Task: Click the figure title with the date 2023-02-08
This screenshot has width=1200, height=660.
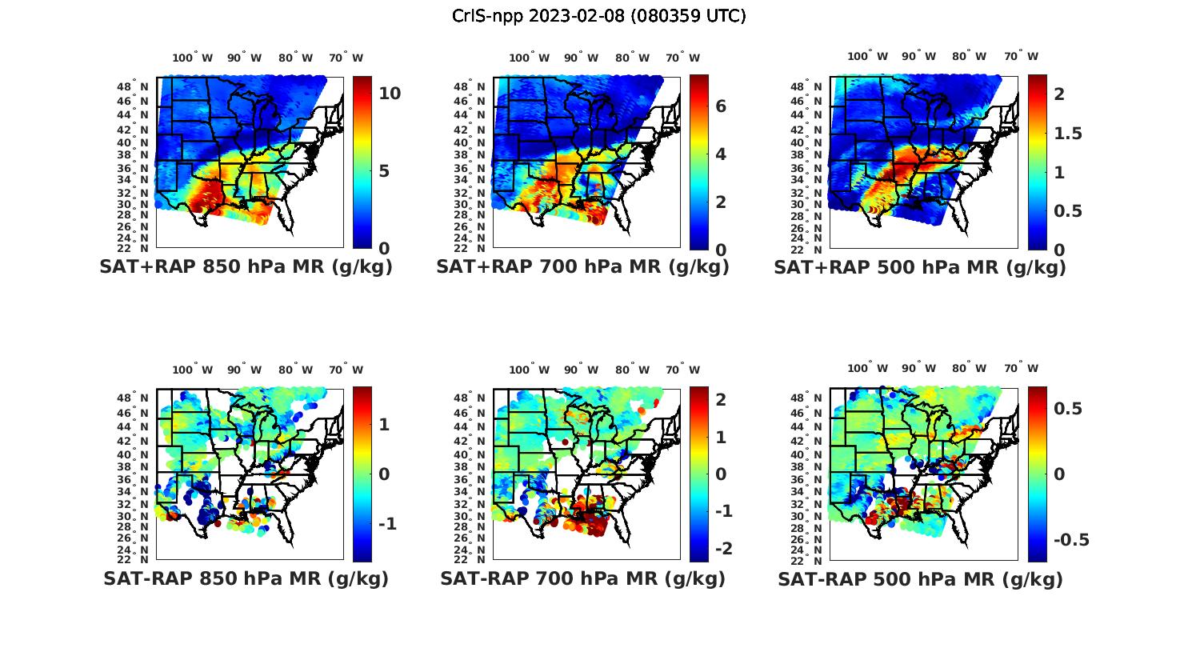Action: (599, 16)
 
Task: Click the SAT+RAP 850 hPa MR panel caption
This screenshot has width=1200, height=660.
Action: (246, 267)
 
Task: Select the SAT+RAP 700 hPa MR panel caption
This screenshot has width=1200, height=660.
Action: (582, 267)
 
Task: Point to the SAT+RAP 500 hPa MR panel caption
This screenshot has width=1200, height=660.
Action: (920, 267)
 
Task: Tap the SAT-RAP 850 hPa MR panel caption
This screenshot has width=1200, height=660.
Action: (246, 578)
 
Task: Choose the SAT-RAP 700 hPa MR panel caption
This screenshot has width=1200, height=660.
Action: (582, 578)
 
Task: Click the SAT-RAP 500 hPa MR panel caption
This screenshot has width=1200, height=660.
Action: (920, 578)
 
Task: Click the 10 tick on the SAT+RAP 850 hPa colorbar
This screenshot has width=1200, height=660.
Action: (390, 94)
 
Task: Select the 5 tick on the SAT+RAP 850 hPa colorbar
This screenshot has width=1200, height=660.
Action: (384, 171)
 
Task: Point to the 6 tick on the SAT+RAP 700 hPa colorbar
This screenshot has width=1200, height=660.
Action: (721, 106)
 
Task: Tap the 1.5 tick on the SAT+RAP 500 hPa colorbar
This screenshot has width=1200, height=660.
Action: (1069, 134)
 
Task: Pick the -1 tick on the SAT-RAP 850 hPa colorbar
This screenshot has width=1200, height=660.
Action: (387, 523)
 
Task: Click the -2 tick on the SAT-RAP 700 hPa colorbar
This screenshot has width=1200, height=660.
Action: (723, 548)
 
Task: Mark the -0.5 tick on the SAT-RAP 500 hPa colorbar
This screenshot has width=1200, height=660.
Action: (1071, 540)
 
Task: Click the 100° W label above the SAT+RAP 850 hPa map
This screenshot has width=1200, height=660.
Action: (193, 58)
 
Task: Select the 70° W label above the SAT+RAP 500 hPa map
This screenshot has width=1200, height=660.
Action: (1021, 56)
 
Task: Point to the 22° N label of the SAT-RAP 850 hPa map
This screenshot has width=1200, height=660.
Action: (133, 558)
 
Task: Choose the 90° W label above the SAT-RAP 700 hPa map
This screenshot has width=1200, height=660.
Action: (582, 370)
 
